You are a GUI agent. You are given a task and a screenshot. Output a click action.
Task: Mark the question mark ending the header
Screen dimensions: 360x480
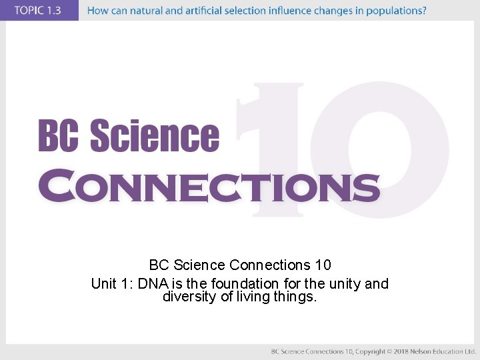pos(424,11)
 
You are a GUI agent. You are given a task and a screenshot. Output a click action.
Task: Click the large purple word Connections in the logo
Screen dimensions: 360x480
pos(209,187)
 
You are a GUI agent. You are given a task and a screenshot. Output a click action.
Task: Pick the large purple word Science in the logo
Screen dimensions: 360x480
pos(154,136)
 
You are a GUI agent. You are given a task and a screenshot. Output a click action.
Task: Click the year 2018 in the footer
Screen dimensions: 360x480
pos(400,351)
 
